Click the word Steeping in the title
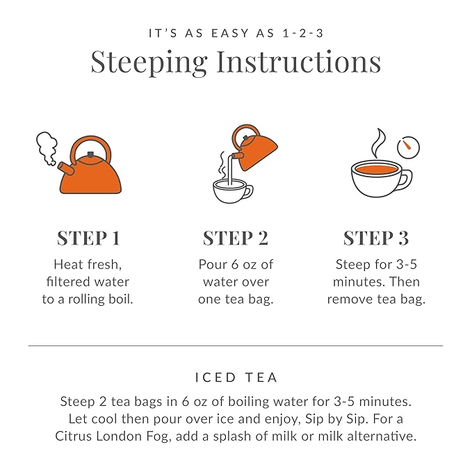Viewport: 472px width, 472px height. click(x=149, y=63)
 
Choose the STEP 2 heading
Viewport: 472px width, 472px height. click(x=235, y=238)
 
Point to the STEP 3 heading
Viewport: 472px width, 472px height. click(x=376, y=238)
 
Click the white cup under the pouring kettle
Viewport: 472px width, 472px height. click(x=233, y=190)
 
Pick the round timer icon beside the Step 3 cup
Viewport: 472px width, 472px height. click(x=408, y=147)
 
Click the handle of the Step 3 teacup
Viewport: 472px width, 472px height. click(x=406, y=178)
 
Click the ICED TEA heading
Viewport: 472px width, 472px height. click(x=236, y=378)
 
